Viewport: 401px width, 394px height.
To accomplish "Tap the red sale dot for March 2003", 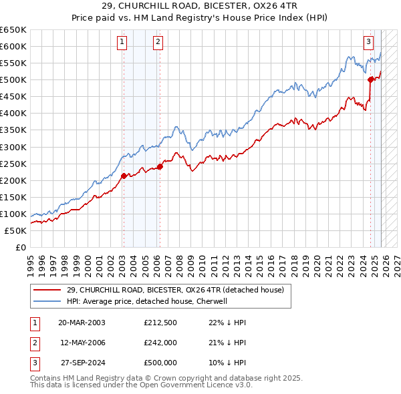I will tap(124, 176).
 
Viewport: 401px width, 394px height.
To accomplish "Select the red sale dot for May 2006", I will tap(160, 166).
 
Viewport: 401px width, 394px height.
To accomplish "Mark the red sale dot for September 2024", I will tap(370, 79).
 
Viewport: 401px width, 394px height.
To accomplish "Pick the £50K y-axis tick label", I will tap(15, 230).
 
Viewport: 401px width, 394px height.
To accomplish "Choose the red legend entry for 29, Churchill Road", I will tap(175, 290).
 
